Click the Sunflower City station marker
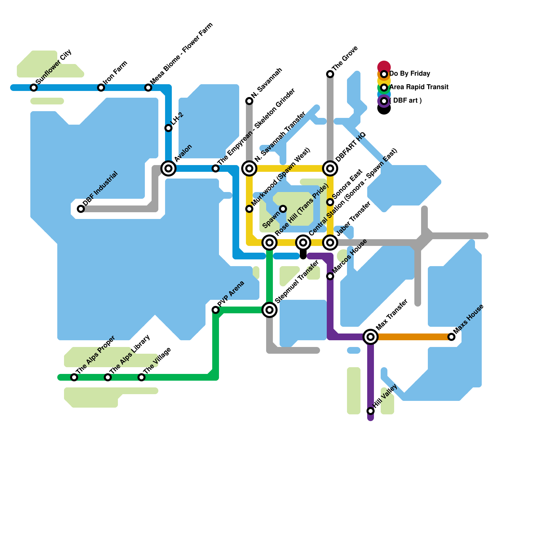coord(34,88)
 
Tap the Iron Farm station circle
coord(101,88)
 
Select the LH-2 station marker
coord(168,128)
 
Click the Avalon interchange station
coord(168,168)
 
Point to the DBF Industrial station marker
coord(81,209)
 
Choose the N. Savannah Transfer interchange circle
coord(249,168)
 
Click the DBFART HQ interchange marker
coord(330,168)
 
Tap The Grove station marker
coord(330,74)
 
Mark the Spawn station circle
coord(283,209)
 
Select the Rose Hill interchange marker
coord(269,242)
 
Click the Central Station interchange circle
coord(303,242)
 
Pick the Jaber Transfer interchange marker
coord(330,242)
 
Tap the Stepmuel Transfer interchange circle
coord(269,310)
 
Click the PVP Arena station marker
coord(216,310)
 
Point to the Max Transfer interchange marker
coord(371,337)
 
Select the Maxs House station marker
coord(451,337)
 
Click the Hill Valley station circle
coord(371,411)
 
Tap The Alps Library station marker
coord(108,377)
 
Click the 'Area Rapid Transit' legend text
coord(419,87)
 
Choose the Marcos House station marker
coord(330,276)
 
